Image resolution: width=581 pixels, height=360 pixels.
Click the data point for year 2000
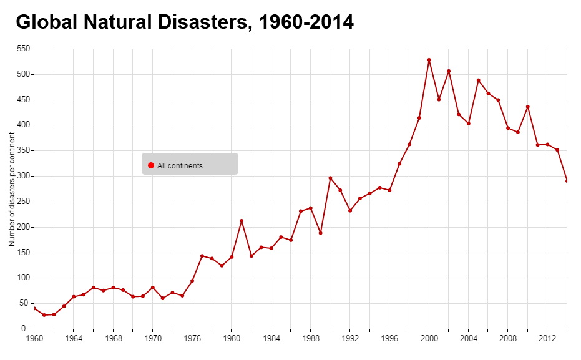pyautogui.click(x=429, y=60)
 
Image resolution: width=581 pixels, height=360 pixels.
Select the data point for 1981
pyautogui.click(x=242, y=221)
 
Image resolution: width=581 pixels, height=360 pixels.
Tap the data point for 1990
pyautogui.click(x=330, y=178)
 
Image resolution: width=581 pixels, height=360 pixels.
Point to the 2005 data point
pyautogui.click(x=479, y=80)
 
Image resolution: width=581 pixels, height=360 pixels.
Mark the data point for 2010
pyautogui.click(x=528, y=107)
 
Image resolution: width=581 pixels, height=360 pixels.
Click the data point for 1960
pyautogui.click(x=34, y=308)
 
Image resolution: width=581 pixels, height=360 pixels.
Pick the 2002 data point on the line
pyautogui.click(x=449, y=71)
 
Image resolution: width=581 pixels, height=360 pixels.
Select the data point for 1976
pyautogui.click(x=192, y=281)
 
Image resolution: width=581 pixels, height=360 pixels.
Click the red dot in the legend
pyautogui.click(x=151, y=165)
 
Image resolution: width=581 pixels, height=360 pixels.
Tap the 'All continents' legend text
pyautogui.click(x=180, y=166)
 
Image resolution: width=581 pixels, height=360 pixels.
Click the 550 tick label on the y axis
pyautogui.click(x=24, y=49)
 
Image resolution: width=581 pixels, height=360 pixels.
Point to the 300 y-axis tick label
pyautogui.click(x=24, y=176)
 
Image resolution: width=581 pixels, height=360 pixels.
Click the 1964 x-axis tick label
pyautogui.click(x=73, y=339)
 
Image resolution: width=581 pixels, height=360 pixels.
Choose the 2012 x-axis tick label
pyautogui.click(x=547, y=339)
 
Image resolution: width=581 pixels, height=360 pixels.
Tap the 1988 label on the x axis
pyautogui.click(x=310, y=339)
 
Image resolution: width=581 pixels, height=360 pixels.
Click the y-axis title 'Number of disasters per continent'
pyautogui.click(x=12, y=188)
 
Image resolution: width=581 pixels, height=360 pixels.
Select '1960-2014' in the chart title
pyautogui.click(x=306, y=22)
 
